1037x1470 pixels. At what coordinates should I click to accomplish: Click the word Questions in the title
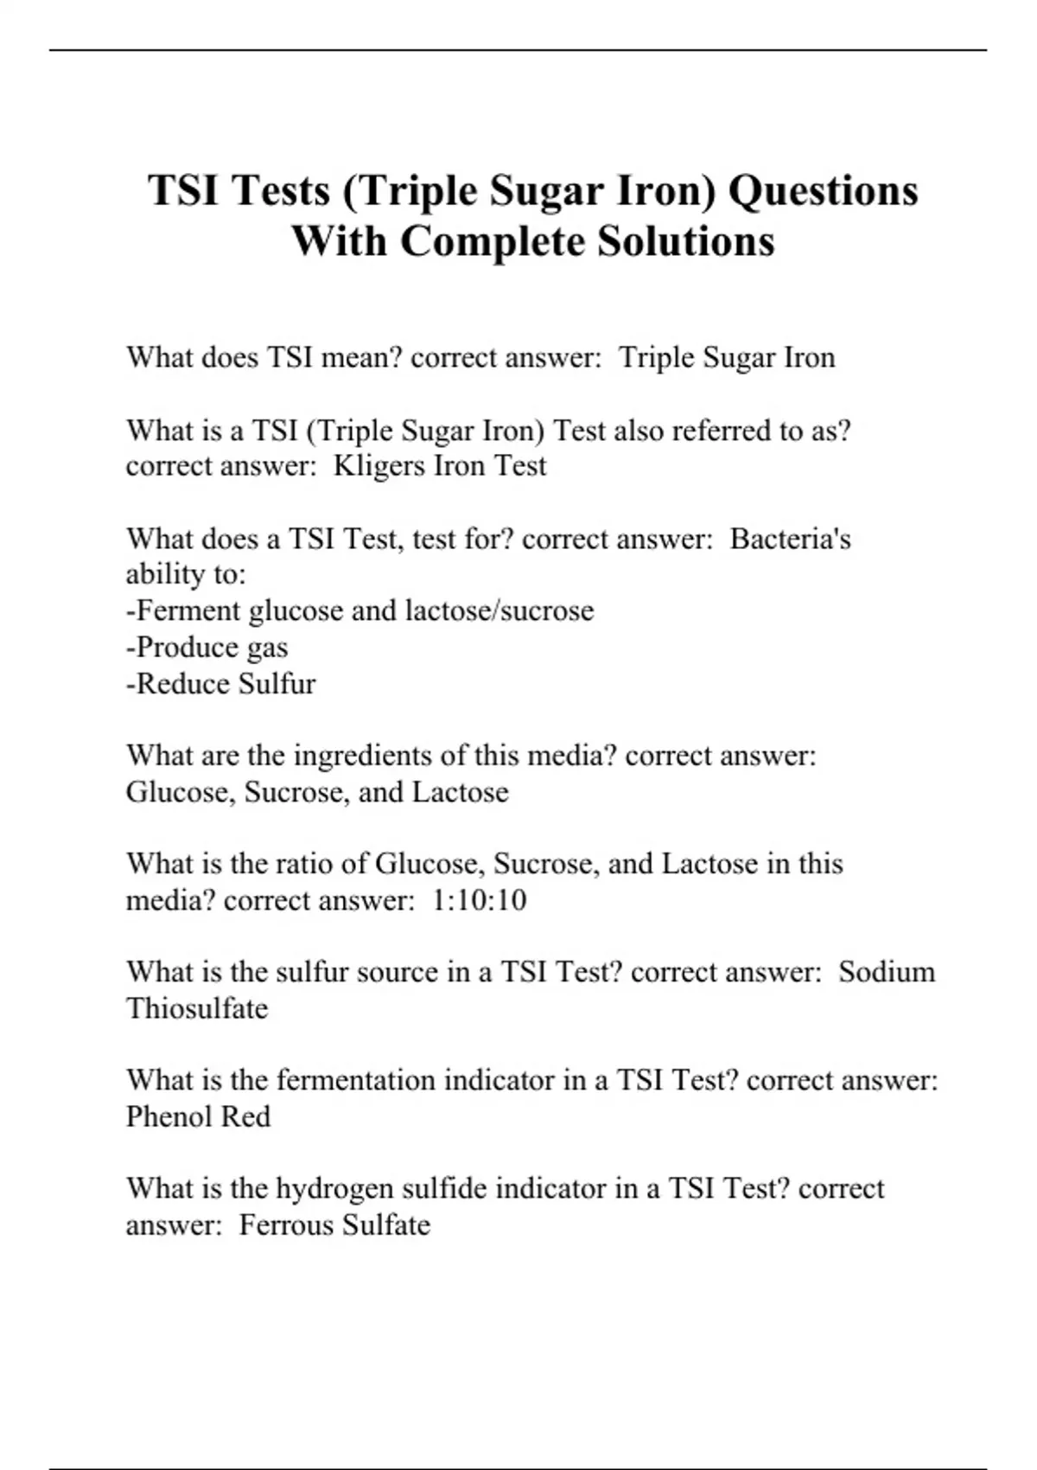pyautogui.click(x=823, y=190)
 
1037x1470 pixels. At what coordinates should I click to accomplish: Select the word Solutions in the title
pyautogui.click(x=674, y=240)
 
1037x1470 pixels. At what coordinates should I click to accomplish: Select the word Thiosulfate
pyautogui.click(x=197, y=1008)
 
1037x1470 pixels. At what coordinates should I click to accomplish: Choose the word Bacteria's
pyautogui.click(x=790, y=539)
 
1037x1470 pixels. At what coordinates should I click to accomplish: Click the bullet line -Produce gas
pyautogui.click(x=207, y=648)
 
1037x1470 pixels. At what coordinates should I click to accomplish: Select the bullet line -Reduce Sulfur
pyautogui.click(x=221, y=684)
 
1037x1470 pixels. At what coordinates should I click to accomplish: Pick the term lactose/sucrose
pyautogui.click(x=499, y=611)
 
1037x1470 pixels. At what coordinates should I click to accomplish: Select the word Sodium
pyautogui.click(x=887, y=972)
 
